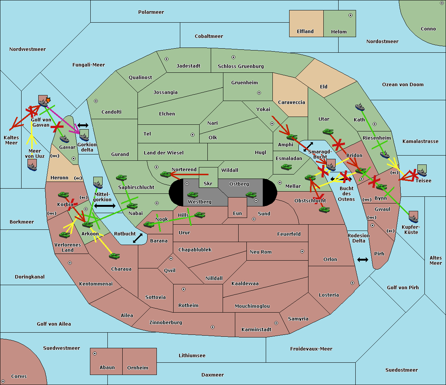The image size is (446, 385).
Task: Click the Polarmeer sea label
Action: click(x=151, y=12)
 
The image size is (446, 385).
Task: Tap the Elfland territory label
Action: click(x=305, y=32)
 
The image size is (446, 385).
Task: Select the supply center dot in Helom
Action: click(x=350, y=15)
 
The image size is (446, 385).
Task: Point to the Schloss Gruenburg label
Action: click(x=240, y=66)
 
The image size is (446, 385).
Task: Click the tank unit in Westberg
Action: click(x=193, y=195)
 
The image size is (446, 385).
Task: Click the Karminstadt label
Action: click(x=256, y=330)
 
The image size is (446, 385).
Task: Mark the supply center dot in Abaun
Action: click(x=95, y=353)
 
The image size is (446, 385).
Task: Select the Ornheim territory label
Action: click(x=138, y=368)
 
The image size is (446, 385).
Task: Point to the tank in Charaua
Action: click(x=114, y=256)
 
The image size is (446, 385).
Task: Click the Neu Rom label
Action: click(x=261, y=252)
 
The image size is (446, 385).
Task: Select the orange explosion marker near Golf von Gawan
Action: click(x=48, y=100)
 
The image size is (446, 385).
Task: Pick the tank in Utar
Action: click(x=328, y=132)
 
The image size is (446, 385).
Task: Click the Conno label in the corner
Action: click(x=428, y=29)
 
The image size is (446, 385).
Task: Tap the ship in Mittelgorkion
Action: click(x=98, y=183)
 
